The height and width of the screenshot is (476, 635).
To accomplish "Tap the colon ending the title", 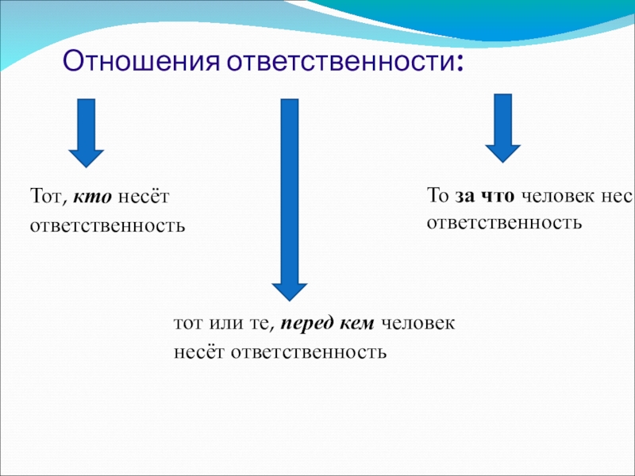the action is pyautogui.click(x=459, y=63).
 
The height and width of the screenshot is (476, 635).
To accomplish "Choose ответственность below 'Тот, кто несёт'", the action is pyautogui.click(x=107, y=226).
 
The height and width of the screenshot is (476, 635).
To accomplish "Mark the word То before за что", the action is pyautogui.click(x=438, y=195).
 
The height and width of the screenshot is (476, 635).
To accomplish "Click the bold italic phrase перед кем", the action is pyautogui.click(x=327, y=324).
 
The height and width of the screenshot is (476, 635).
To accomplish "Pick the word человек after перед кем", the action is pyautogui.click(x=418, y=324).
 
